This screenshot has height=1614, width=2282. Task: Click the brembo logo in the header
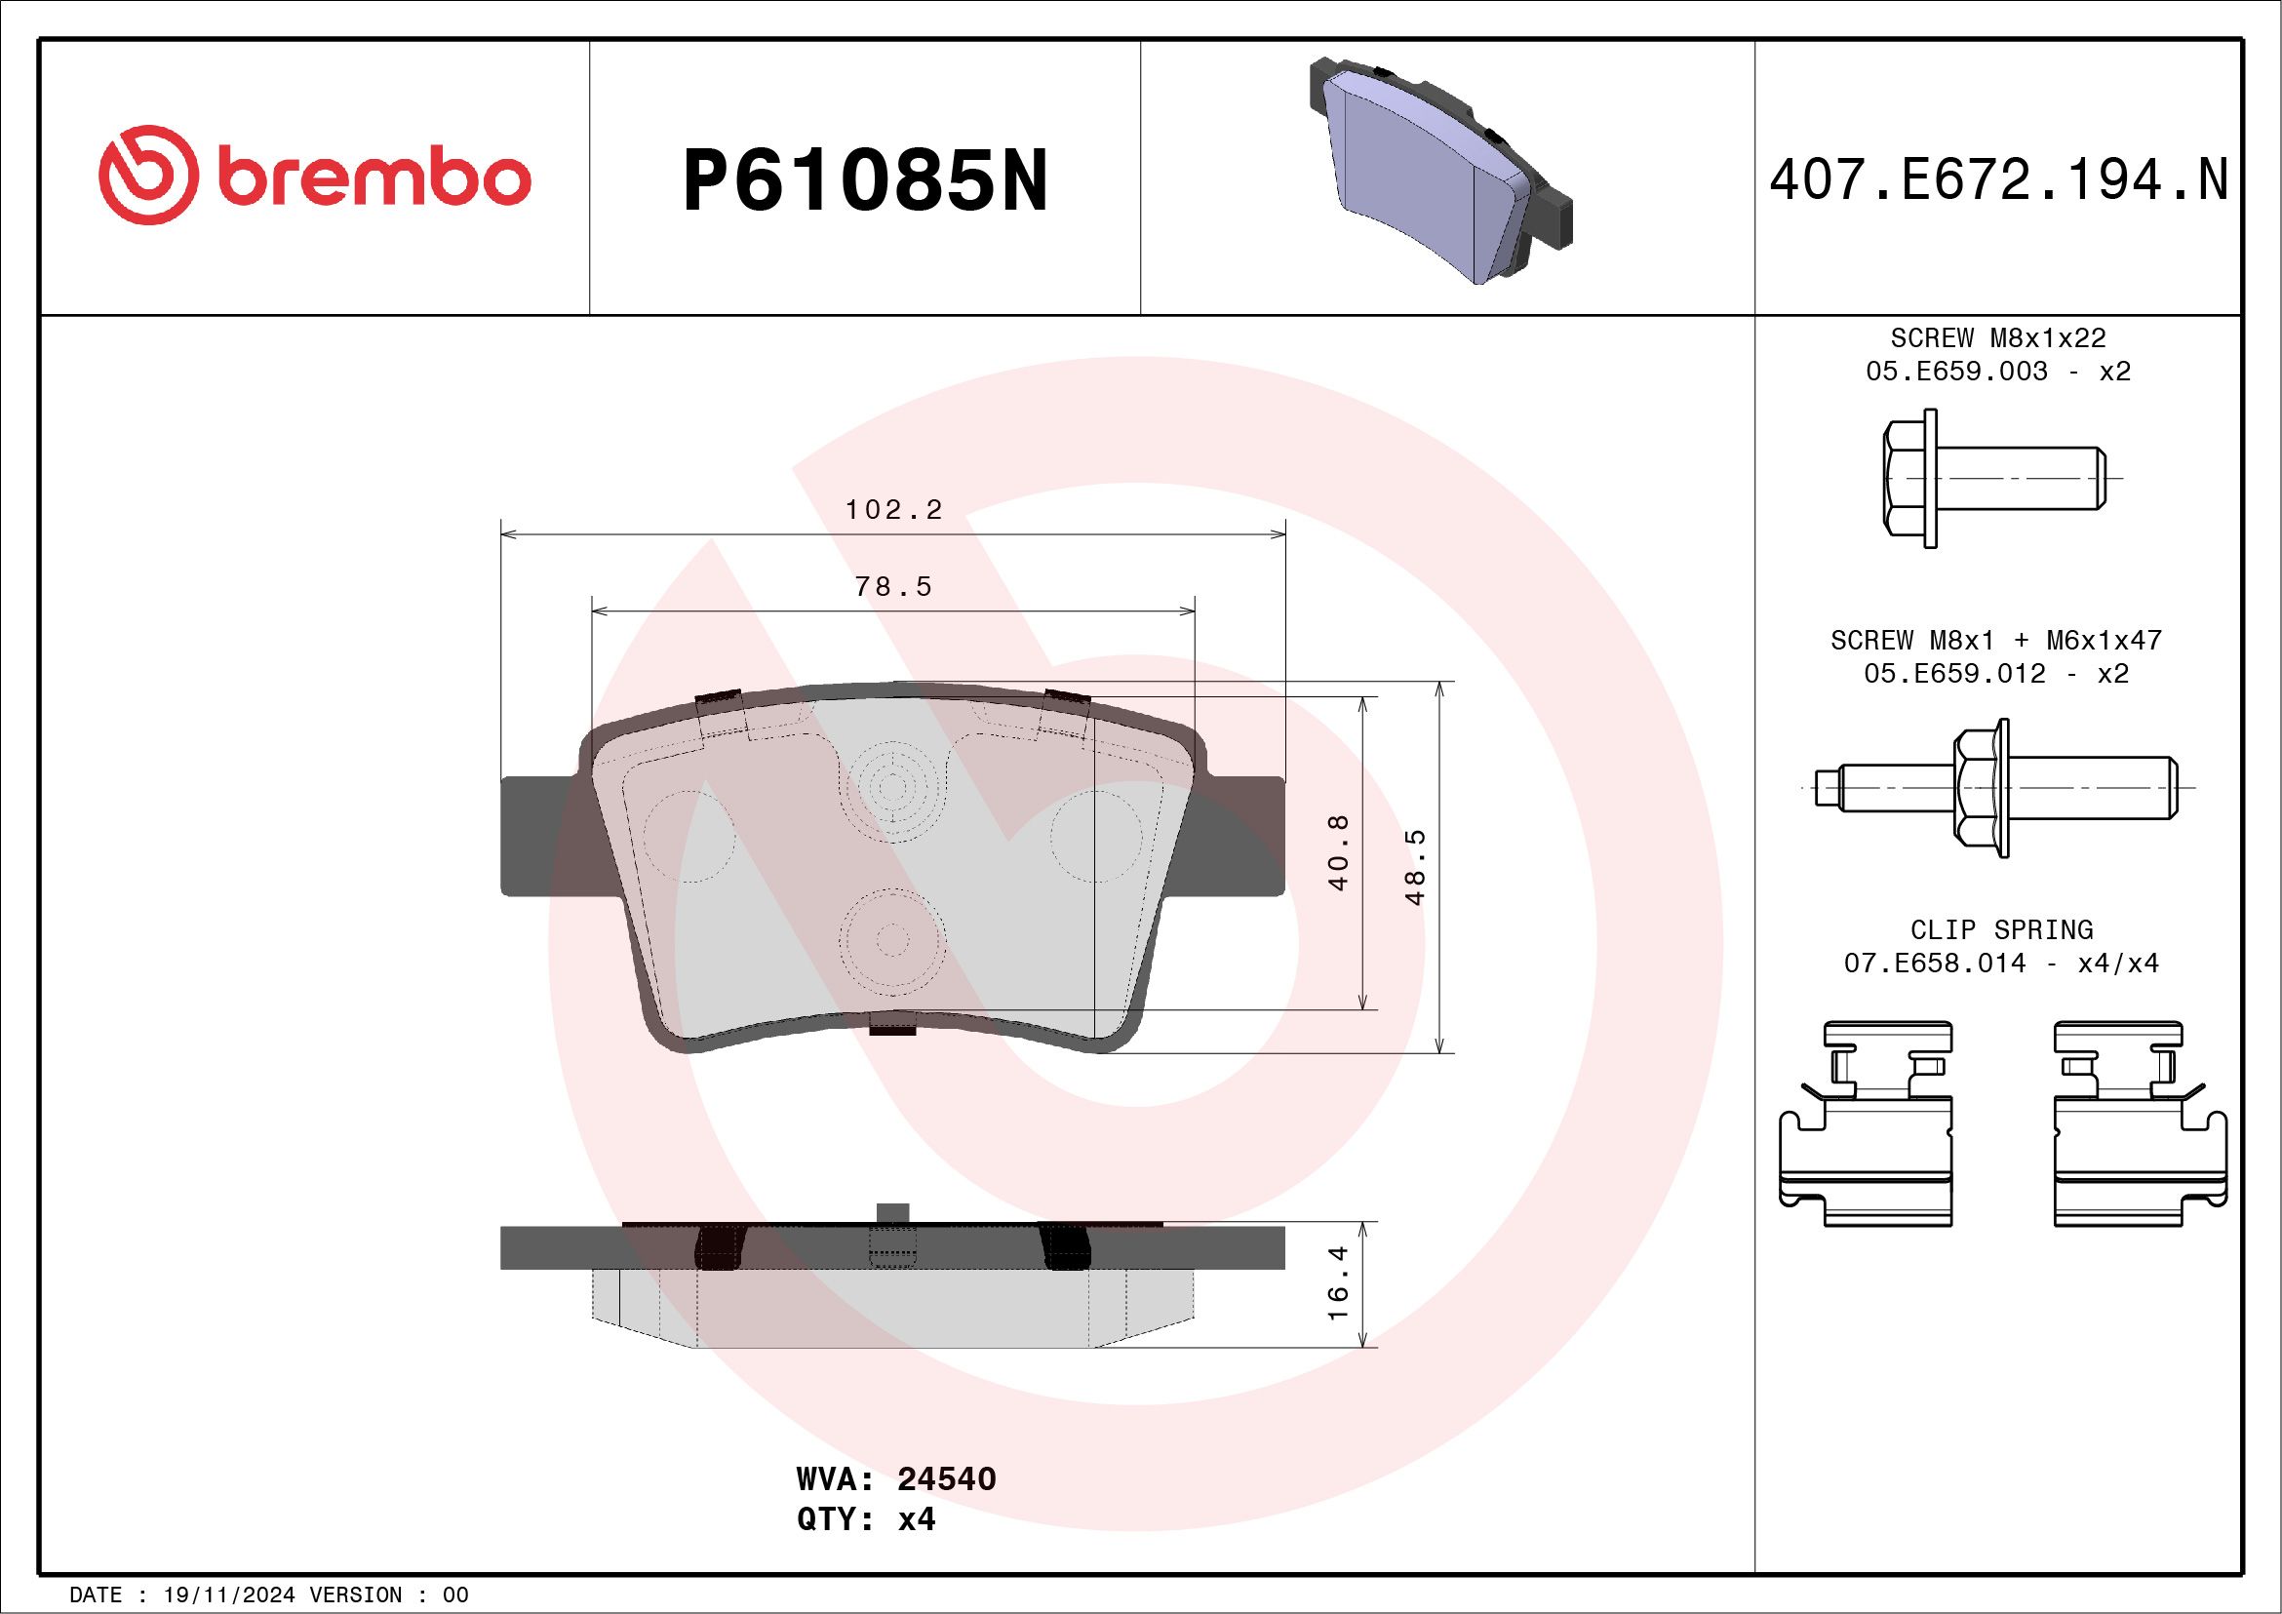(314, 179)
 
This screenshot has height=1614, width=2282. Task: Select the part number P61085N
(865, 180)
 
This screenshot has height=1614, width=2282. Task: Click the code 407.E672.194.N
(1998, 180)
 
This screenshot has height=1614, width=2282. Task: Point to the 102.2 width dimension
(892, 510)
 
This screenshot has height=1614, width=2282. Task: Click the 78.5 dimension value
(893, 587)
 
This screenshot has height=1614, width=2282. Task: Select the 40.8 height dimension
(1339, 851)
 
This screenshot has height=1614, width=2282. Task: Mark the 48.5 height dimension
(1416, 867)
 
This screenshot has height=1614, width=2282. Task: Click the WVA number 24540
(946, 1478)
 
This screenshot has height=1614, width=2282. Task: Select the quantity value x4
(917, 1519)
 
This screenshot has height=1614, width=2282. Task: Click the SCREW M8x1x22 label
(1998, 337)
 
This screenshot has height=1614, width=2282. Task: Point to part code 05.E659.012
(1954, 674)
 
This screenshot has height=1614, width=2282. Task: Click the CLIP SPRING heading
(2001, 930)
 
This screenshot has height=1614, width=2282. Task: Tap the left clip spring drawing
(1866, 1123)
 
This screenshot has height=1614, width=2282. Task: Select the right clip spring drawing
(2140, 1123)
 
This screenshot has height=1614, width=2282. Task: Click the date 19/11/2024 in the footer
(228, 1595)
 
